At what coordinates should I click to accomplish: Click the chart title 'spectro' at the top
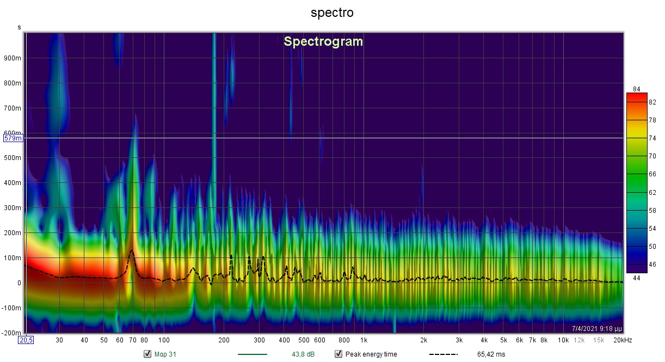tap(332, 13)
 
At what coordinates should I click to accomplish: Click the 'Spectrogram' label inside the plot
tap(323, 41)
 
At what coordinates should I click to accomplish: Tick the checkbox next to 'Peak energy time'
tap(338, 354)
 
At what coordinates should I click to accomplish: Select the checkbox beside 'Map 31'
tap(147, 354)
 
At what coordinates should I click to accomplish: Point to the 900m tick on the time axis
tap(13, 58)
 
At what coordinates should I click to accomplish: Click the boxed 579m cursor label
tap(13, 138)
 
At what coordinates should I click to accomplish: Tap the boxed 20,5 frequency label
tap(26, 340)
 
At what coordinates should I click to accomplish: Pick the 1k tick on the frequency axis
tap(364, 340)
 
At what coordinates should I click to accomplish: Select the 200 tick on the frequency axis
tap(223, 340)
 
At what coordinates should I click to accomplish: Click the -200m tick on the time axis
tap(12, 333)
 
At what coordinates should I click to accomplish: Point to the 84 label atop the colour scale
tap(637, 89)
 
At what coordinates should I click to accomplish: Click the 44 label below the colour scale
tap(637, 278)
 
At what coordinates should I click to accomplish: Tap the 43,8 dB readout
tap(303, 354)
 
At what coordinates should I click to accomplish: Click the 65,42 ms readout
tap(491, 354)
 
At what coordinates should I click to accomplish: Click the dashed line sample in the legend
tap(443, 354)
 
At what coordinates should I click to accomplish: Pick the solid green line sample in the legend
tap(253, 354)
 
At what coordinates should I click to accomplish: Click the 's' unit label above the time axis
tap(20, 27)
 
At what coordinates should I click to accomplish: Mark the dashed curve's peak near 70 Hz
tap(131, 251)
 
